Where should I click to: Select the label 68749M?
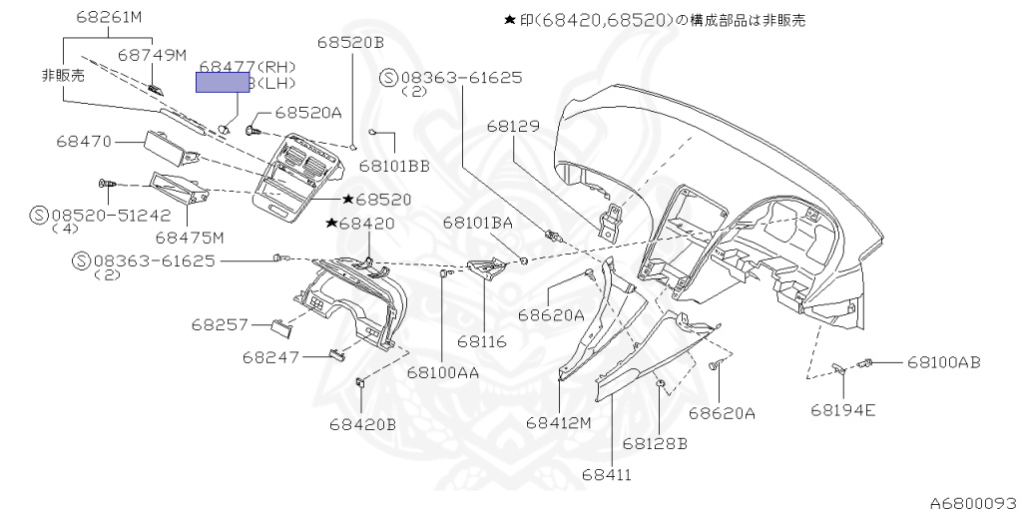point(152,55)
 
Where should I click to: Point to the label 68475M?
point(189,238)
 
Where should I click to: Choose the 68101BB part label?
point(394,166)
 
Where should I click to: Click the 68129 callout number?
point(513,127)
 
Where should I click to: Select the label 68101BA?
point(478,224)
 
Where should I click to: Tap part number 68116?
point(482,341)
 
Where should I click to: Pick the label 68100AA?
point(442,372)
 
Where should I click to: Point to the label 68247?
point(271,356)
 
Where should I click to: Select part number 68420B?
point(362,424)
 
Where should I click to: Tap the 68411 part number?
point(608,474)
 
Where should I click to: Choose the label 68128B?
point(655,442)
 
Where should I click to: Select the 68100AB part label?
point(943,361)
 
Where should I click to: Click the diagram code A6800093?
point(974,496)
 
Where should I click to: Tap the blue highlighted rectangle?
point(222,83)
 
